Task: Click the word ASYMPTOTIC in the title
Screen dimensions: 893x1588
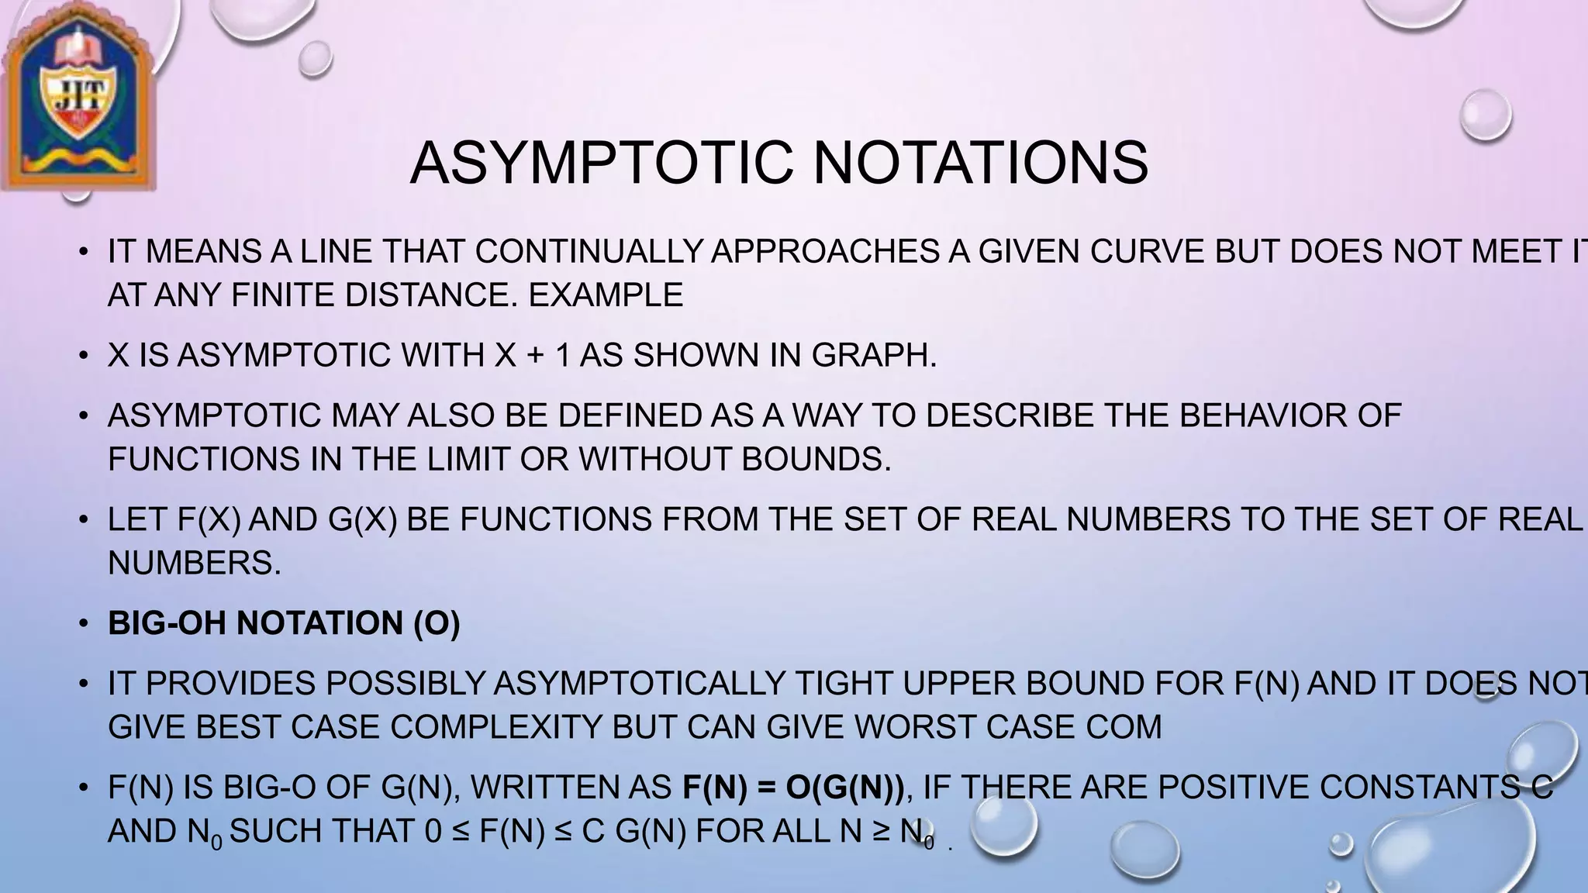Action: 602,164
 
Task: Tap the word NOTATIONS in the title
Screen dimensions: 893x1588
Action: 980,164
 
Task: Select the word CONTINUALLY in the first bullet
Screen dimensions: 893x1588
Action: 589,251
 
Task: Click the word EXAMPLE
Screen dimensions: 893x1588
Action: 606,295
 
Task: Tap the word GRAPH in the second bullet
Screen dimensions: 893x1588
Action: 873,355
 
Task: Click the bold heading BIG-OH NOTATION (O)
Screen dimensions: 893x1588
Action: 284,623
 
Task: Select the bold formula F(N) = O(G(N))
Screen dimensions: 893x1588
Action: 793,788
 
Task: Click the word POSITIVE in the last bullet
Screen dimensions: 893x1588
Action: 1233,788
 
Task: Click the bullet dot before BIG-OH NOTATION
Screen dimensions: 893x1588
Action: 83,623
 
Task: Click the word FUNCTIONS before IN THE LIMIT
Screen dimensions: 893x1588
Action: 204,459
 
